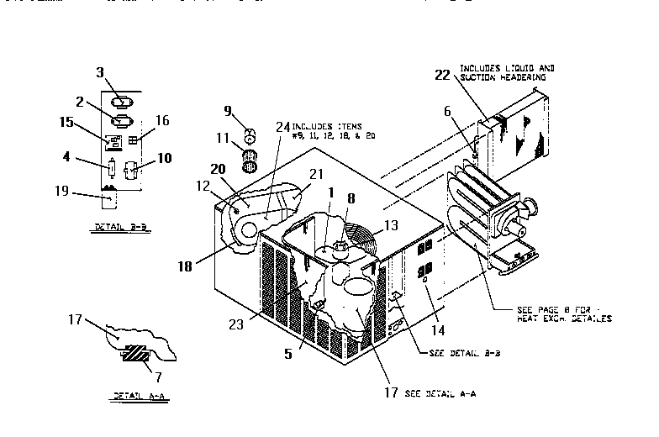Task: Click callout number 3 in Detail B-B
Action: [x=99, y=73]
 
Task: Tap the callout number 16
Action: [x=162, y=120]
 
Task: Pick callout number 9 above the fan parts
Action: [x=227, y=110]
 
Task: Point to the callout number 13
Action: [x=391, y=226]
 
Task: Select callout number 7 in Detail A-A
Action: [x=147, y=367]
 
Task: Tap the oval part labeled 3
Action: [x=121, y=102]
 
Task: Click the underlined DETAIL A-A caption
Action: [x=134, y=395]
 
